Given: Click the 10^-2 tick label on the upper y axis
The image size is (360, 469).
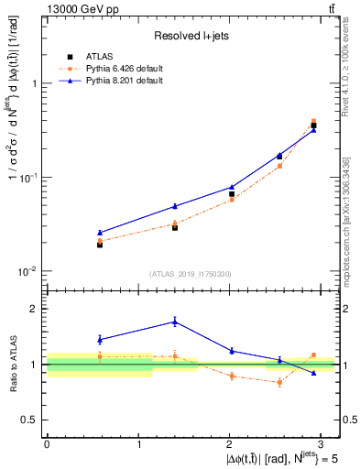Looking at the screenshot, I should click(27, 271).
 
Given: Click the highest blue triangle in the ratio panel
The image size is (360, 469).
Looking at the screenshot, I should click(175, 322).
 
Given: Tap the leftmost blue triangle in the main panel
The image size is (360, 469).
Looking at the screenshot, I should click(100, 233).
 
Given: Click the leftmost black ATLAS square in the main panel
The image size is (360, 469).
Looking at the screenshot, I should click(100, 245).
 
